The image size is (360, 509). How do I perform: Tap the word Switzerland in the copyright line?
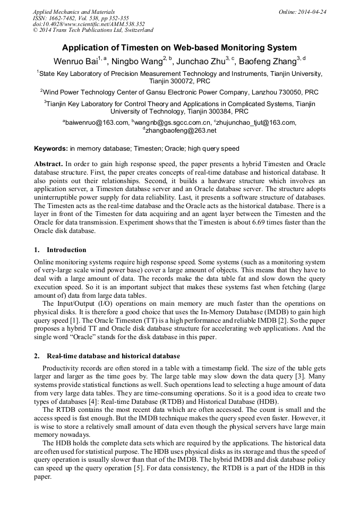pos(135,30)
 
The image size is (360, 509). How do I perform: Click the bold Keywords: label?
pos(51,149)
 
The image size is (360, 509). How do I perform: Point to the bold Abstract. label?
pos(49,164)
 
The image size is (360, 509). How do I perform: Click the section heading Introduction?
pos(66,250)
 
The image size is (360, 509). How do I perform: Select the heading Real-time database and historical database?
pos(113,356)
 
